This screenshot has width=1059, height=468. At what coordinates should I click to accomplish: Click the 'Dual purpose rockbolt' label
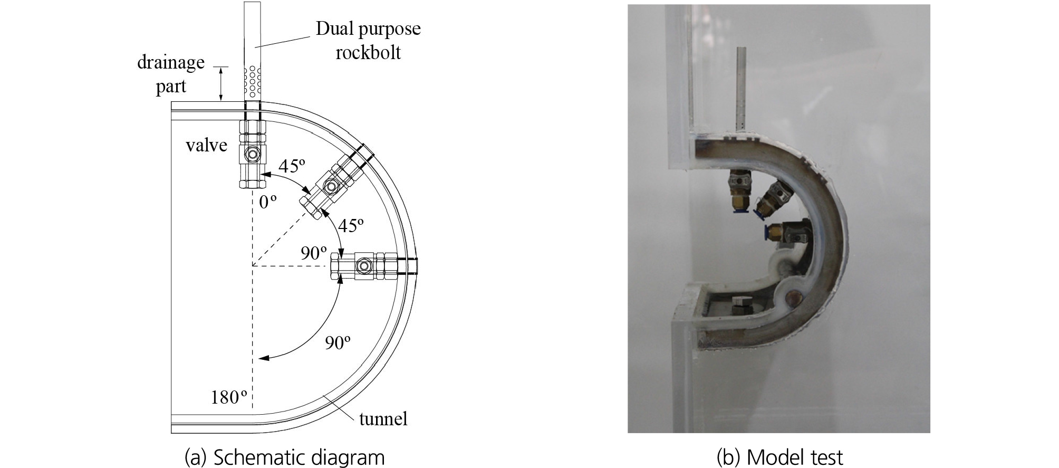[x=368, y=40]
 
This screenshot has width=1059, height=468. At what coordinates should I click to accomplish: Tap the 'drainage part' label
[x=171, y=74]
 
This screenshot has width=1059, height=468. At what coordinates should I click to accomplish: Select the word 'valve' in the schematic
[x=206, y=145]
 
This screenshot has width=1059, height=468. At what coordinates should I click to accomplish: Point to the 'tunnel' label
[x=383, y=419]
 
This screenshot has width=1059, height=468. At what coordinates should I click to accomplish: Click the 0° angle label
[x=268, y=202]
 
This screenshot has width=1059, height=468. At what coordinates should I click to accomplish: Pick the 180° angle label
[x=229, y=397]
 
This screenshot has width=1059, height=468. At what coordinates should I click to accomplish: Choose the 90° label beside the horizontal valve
[x=314, y=253]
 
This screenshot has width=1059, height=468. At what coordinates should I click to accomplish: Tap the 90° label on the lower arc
[x=338, y=342]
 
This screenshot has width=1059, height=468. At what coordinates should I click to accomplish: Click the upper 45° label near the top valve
[x=292, y=166]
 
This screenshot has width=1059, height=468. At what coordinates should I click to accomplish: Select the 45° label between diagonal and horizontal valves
[x=351, y=225]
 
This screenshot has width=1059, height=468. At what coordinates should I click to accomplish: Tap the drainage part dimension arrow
[x=222, y=83]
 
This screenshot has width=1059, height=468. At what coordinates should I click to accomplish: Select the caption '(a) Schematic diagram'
[x=284, y=457]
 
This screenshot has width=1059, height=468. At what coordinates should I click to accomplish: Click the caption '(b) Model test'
[x=779, y=457]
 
